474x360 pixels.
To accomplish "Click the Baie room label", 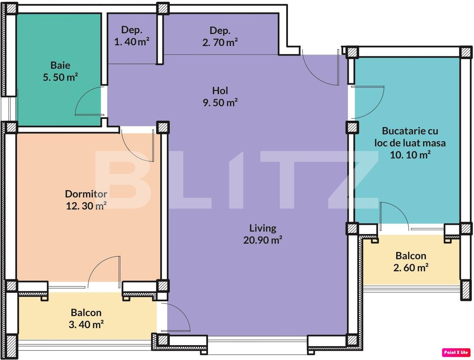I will pos(60,65).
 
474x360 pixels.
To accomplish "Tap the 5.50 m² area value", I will pos(60,77).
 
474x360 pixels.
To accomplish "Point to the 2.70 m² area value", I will pos(220,42).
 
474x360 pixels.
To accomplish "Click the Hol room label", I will pos(220,91).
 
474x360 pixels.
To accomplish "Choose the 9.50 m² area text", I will pos(220,103).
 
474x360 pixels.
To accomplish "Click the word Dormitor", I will pos(86,194).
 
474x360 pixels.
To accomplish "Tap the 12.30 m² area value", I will pos(86,206).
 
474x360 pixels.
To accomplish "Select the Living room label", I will pos(262,228).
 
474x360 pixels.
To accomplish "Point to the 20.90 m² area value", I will pos(262,240).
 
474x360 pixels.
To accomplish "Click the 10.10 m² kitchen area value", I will pos(410,155).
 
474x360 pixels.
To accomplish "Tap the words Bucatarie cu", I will pos(410,131).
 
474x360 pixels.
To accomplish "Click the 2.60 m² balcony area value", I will pos(411,268).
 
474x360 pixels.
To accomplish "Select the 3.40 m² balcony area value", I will pos(86,324).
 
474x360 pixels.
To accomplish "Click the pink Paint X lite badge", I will pos(456,352).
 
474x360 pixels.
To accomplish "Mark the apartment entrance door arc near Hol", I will pos(318,71).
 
